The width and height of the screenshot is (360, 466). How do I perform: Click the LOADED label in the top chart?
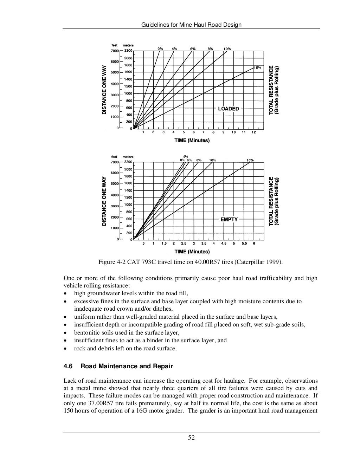coord(228,109)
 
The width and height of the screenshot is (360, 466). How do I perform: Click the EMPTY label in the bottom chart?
coord(229,219)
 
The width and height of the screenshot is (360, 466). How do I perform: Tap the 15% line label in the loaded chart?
coord(257,67)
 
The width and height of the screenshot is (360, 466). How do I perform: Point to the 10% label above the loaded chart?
coord(227,49)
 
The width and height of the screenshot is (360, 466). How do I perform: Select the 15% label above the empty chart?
coord(250,160)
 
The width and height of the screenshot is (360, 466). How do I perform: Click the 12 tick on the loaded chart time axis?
coord(253,132)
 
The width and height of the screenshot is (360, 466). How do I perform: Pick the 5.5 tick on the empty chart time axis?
coord(244,244)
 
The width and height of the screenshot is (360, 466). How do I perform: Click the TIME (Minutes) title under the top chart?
coord(192,141)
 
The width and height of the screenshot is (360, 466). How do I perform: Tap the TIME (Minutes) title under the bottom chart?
coord(192,252)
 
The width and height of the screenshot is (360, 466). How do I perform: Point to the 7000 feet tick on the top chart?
coord(115,51)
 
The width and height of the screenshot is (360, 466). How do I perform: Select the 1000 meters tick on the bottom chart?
coord(128,205)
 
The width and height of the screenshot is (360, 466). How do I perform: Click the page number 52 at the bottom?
coord(191,438)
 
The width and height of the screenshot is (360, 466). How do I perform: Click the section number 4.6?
coord(68,366)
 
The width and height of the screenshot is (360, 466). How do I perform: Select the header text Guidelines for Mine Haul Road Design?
coord(191,25)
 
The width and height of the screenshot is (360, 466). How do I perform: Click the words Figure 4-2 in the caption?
coord(111,262)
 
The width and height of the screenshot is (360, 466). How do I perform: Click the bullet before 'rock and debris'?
coord(65,349)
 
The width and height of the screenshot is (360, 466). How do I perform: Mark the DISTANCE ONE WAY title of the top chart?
coord(104,90)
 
